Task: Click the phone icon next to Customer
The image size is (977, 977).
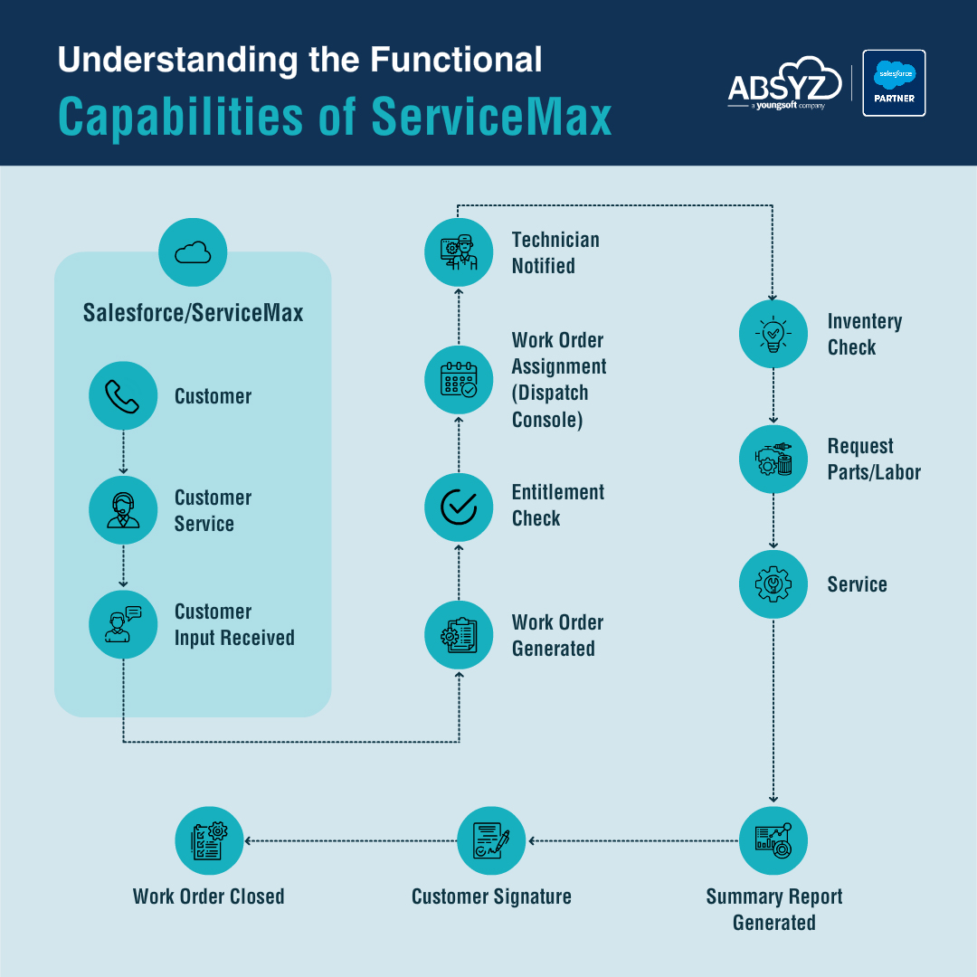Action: pyautogui.click(x=123, y=395)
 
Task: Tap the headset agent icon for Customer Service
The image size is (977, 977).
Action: pyautogui.click(x=123, y=510)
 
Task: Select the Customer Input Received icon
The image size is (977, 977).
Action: pyautogui.click(x=123, y=624)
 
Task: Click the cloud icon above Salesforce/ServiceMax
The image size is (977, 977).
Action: pyautogui.click(x=192, y=252)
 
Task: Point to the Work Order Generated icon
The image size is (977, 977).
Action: pyautogui.click(x=459, y=635)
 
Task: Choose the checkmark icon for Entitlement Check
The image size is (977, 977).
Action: pyautogui.click(x=459, y=507)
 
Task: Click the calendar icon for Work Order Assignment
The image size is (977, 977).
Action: pyautogui.click(x=459, y=379)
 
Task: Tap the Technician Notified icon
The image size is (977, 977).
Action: pyautogui.click(x=459, y=252)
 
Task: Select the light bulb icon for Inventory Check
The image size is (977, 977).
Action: pyautogui.click(x=773, y=334)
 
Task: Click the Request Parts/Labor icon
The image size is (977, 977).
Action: pyautogui.click(x=773, y=460)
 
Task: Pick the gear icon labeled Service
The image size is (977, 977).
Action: pyautogui.click(x=773, y=583)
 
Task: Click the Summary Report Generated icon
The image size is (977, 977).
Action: pyautogui.click(x=773, y=840)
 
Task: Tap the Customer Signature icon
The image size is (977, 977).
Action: pyautogui.click(x=491, y=840)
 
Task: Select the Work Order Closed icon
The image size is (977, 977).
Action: pyautogui.click(x=209, y=840)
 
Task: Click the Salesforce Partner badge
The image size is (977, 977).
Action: pyautogui.click(x=894, y=83)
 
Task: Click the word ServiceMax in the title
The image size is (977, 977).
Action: pyautogui.click(x=492, y=119)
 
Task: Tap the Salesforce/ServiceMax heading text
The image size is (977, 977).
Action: pyautogui.click(x=193, y=313)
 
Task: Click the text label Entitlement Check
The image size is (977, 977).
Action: pyautogui.click(x=557, y=505)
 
